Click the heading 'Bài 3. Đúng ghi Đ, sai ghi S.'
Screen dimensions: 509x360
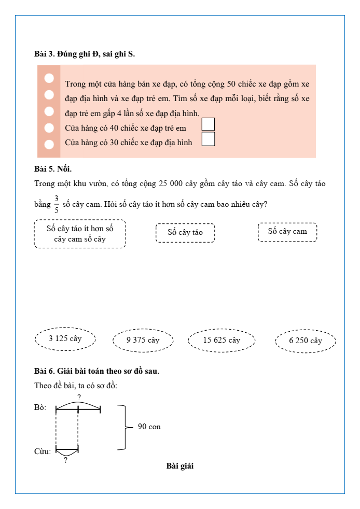[x=85, y=53]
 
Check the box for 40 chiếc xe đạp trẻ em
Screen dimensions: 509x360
[x=208, y=124]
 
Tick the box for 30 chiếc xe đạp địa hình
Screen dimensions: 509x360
[x=208, y=139]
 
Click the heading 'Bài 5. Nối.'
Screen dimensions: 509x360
[x=53, y=168]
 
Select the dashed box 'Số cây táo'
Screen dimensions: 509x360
[x=185, y=233]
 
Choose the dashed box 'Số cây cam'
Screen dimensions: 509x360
[x=287, y=232]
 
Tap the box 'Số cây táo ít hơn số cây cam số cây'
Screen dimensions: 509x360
[x=80, y=234]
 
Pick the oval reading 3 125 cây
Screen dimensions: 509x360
[x=65, y=339]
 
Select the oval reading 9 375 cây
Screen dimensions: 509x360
[x=143, y=341]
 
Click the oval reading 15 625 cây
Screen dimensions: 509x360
[x=221, y=341]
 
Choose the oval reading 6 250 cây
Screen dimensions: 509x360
[x=306, y=341]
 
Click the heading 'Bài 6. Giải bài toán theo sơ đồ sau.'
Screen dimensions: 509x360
[x=96, y=371]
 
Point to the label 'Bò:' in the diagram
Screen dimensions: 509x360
[x=40, y=408]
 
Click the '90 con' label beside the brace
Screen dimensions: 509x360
[x=149, y=427]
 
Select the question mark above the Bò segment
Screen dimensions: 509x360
[x=79, y=398]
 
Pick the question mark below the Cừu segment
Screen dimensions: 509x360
[x=66, y=460]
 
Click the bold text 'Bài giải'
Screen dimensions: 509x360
[x=180, y=466]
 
